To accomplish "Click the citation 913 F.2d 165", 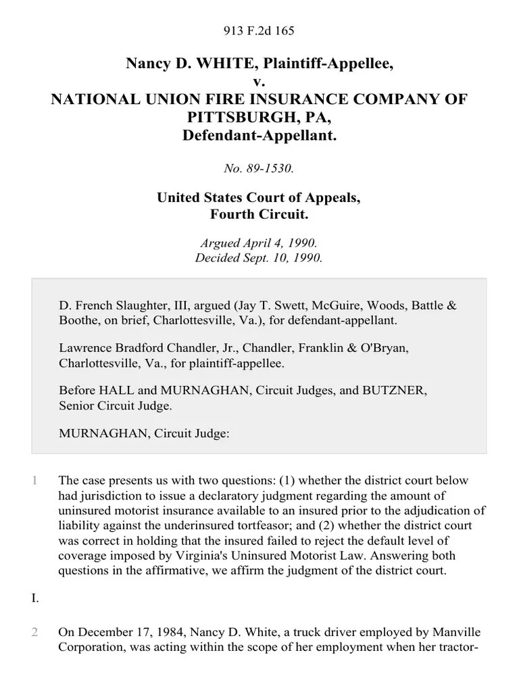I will [x=259, y=30].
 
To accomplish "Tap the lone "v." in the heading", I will [x=259, y=82].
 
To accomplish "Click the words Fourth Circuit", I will [x=259, y=214].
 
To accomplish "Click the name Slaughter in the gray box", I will [x=136, y=305].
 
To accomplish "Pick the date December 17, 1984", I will [x=126, y=633].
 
